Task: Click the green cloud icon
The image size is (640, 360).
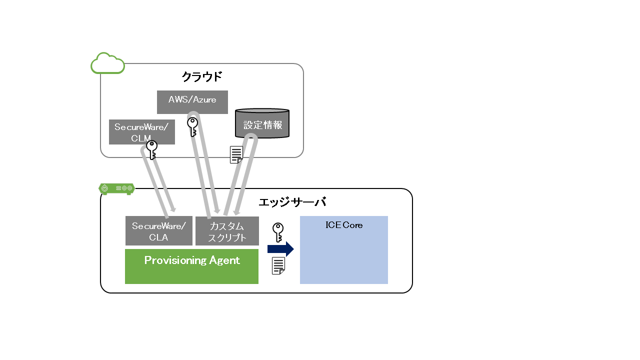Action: point(107,63)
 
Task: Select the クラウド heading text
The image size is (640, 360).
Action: point(201,77)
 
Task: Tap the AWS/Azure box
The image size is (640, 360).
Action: point(192,102)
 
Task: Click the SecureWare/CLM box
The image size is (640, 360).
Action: point(142,132)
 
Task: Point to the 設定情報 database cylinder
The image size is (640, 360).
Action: point(262,123)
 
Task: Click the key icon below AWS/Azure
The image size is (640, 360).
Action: point(192,127)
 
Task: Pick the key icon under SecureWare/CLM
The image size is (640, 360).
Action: point(151,149)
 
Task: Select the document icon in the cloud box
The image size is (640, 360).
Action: point(236,154)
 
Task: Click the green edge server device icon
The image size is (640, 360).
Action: point(116,188)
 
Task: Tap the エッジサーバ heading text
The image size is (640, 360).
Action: point(292,202)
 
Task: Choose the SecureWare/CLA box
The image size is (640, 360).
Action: point(158,231)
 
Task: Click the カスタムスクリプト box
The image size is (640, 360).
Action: point(227,231)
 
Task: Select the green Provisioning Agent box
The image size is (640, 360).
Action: point(191,266)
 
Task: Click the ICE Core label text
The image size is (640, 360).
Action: point(344,225)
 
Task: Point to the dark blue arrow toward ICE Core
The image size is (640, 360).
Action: point(280,248)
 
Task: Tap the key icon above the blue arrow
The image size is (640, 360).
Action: point(278,232)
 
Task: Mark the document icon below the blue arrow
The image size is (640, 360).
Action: point(278,265)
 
